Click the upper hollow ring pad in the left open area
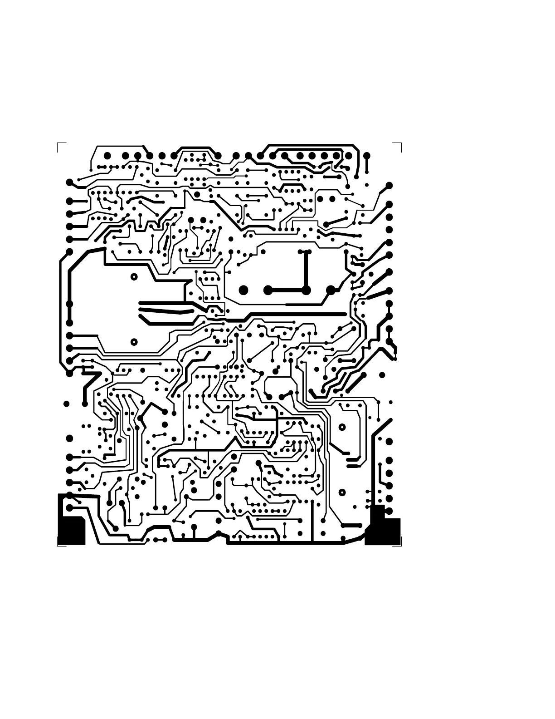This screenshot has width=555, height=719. pos(134,276)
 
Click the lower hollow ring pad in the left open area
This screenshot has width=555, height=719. pos(134,342)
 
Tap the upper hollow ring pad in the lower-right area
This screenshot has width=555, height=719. pos(342,427)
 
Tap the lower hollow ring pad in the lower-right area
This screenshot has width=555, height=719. pos(342,492)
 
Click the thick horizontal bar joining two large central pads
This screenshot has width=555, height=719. pos(287,290)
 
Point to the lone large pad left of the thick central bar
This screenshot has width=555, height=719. pos(243,290)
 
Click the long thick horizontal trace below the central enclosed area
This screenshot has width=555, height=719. pos(295,314)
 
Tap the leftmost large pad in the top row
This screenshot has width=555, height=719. pos(107,156)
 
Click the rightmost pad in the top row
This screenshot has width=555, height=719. pos(367,156)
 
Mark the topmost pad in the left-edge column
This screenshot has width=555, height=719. pos(69,182)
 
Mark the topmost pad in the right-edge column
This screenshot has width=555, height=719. pos(389,186)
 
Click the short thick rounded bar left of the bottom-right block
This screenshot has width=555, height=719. pos(351,525)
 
